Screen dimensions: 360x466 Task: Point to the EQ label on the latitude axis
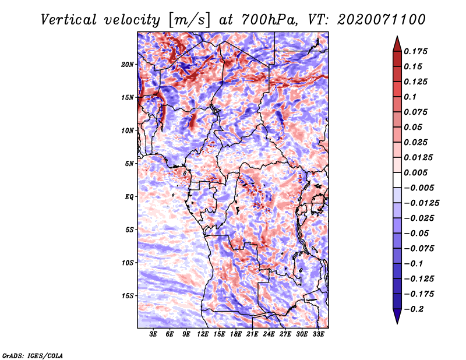pyautogui.click(x=129, y=196)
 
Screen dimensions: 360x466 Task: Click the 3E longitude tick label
pyautogui.click(x=154, y=334)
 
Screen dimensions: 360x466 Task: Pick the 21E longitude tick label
pyautogui.click(x=252, y=334)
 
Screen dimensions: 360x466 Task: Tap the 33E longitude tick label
pyautogui.click(x=318, y=334)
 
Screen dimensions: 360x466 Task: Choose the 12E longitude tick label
pyautogui.click(x=203, y=334)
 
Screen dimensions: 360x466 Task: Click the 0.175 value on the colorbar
pyautogui.click(x=417, y=51)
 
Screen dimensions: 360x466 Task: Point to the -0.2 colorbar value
pyautogui.click(x=417, y=309)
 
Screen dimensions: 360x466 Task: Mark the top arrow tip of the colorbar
pyautogui.click(x=397, y=37)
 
